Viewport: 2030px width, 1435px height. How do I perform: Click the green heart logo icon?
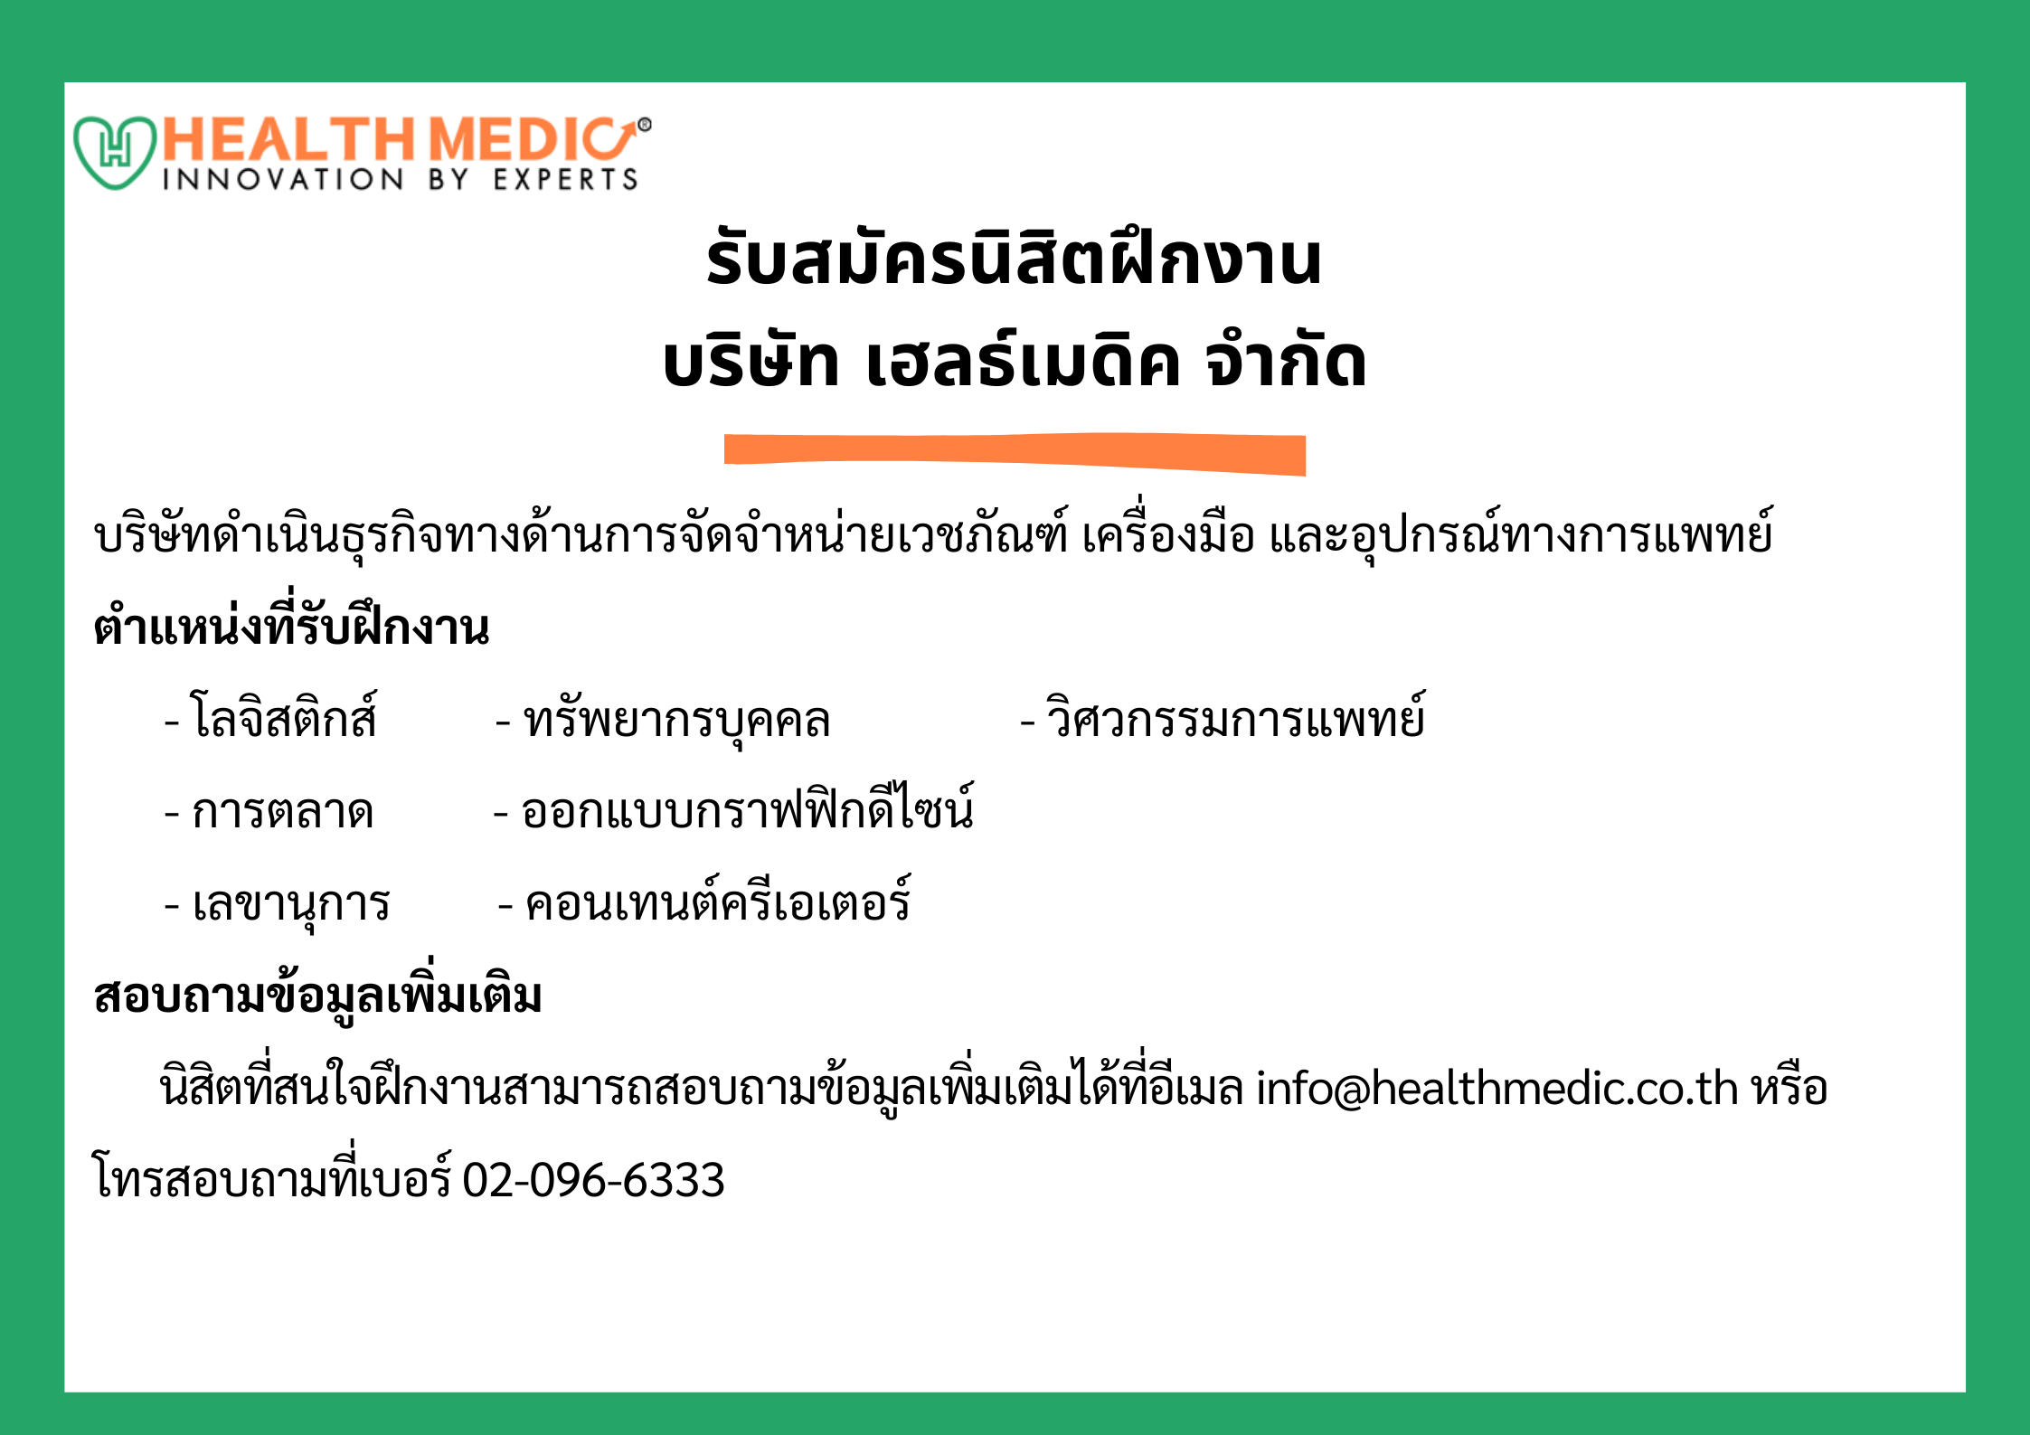click(x=115, y=152)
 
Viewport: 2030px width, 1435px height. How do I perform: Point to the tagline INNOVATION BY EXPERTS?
click(x=400, y=179)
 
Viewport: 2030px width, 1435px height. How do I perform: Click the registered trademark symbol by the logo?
click(x=644, y=125)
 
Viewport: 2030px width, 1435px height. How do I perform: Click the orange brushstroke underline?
click(x=1015, y=454)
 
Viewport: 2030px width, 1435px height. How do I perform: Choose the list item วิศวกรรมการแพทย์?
click(x=1235, y=717)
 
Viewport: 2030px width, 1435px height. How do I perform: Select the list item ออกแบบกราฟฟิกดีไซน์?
click(x=748, y=807)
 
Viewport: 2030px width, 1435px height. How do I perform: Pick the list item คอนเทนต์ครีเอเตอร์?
click(x=718, y=900)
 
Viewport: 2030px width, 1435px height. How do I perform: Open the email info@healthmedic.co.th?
click(x=1497, y=1087)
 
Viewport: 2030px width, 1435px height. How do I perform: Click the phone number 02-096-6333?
click(x=594, y=1180)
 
